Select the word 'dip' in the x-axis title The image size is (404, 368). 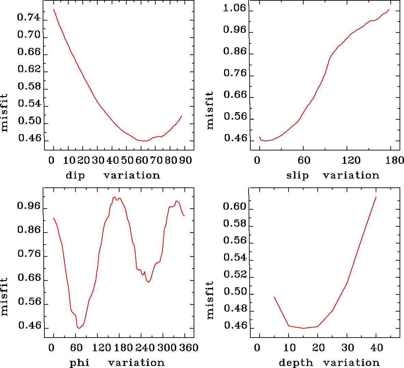75,175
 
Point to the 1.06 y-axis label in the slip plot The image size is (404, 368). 234,8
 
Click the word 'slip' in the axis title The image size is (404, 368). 297,175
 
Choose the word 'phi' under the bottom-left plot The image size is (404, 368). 80,363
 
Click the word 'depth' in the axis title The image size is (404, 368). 296,363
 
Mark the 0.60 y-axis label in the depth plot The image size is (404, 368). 234,206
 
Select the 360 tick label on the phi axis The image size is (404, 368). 189,348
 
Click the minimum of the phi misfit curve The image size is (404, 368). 79,328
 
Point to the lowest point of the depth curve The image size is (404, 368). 303,328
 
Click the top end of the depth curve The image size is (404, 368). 376,197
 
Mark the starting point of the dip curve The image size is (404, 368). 54,10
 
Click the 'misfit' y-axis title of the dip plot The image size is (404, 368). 4,113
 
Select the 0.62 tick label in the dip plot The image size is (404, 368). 29,69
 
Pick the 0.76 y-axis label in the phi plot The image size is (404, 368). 29,254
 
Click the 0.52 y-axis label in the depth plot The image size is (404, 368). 234,274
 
